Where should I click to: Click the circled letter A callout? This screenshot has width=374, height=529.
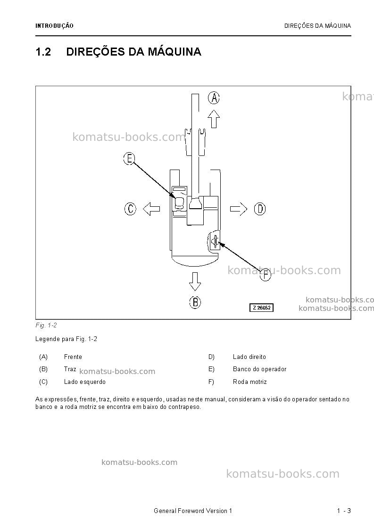tap(214, 98)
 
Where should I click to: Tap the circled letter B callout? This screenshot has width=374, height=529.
tap(195, 302)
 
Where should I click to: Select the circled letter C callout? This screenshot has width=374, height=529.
tap(130, 209)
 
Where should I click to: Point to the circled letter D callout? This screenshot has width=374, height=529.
tap(260, 209)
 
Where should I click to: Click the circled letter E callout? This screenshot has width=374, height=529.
tap(129, 158)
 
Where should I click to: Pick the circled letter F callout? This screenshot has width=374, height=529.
tap(265, 275)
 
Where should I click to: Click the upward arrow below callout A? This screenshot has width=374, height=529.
tap(214, 119)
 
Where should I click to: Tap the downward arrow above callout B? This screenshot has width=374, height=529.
tap(195, 281)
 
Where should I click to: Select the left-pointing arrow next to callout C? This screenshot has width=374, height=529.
tap(151, 209)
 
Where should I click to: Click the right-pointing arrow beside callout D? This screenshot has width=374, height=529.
tap(239, 209)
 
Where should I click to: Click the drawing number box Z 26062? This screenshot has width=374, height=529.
tap(261, 308)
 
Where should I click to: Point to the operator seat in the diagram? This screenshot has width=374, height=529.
tap(179, 202)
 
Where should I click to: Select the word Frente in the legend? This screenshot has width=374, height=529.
tap(73, 357)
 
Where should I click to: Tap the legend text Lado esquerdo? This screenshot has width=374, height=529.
tap(85, 382)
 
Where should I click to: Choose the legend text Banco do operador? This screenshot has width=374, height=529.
tap(259, 369)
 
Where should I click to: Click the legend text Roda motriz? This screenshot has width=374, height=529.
tap(249, 382)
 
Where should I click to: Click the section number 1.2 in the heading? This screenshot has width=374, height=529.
tap(43, 52)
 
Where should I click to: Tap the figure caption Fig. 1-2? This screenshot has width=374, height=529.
tap(46, 325)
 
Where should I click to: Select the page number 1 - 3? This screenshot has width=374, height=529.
tap(344, 511)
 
